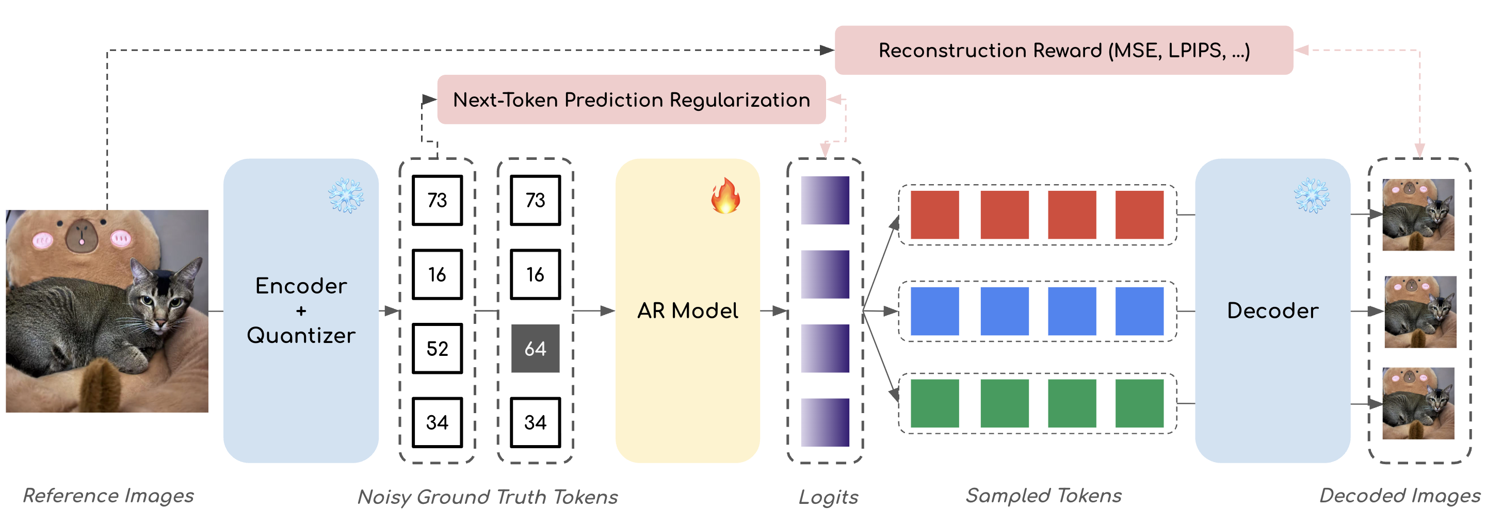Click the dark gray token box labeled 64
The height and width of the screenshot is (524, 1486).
535,348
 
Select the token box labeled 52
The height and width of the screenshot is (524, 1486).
437,348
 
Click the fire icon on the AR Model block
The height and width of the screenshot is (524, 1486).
724,196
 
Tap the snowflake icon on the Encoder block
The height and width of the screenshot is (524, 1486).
346,196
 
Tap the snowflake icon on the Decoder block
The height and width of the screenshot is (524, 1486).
1311,196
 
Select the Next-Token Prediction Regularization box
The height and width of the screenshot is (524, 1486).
631,100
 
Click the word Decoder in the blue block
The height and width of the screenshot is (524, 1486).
1272,310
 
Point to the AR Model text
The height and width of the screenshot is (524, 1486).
687,310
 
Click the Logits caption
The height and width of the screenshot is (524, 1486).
828,497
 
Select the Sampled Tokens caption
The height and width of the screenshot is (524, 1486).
1043,496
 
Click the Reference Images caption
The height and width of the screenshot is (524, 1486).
108,496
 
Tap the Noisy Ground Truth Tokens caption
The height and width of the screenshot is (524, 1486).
488,497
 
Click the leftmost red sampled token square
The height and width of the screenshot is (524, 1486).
934,215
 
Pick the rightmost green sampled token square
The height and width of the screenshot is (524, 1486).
1139,403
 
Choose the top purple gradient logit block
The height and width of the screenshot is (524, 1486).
825,200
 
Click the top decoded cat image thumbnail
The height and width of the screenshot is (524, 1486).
1418,215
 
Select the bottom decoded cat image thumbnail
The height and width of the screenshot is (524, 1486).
1418,403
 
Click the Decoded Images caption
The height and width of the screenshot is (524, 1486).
1399,496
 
